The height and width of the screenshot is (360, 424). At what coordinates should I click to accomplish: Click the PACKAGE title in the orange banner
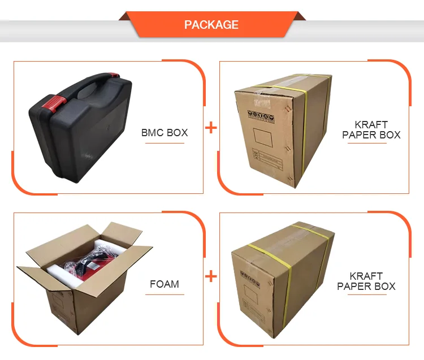pyautogui.click(x=211, y=25)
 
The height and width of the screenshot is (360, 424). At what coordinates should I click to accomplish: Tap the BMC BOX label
pyautogui.click(x=165, y=133)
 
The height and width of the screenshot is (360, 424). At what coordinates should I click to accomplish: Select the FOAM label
pyautogui.click(x=165, y=284)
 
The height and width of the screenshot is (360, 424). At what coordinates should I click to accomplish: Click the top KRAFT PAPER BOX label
pyautogui.click(x=371, y=129)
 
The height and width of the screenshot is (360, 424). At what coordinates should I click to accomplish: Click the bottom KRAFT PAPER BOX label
pyautogui.click(x=366, y=281)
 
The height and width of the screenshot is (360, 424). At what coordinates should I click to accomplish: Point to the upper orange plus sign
pyautogui.click(x=210, y=128)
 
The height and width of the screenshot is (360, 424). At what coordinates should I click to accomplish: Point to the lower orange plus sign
pyautogui.click(x=210, y=276)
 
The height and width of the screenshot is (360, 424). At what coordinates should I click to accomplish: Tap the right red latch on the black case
pyautogui.click(x=114, y=75)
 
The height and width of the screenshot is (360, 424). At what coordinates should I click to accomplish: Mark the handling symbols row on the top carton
pyautogui.click(x=261, y=116)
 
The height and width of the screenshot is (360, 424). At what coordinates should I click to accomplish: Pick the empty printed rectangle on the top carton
pyautogui.click(x=263, y=136)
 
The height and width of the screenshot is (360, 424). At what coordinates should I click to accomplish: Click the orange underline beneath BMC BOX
pyautogui.click(x=165, y=143)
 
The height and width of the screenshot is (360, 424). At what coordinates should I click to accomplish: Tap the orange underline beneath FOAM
pyautogui.click(x=165, y=294)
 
